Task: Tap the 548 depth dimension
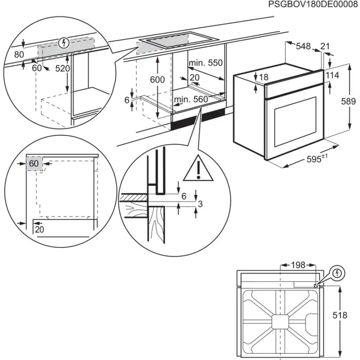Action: pyautogui.click(x=303, y=47)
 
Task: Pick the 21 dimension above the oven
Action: pyautogui.click(x=325, y=47)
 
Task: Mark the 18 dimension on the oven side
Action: pyautogui.click(x=263, y=78)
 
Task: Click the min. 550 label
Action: pyautogui.click(x=206, y=63)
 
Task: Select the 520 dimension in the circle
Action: pyautogui.click(x=62, y=69)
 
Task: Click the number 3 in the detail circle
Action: pyautogui.click(x=201, y=205)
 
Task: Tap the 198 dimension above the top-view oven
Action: pyautogui.click(x=297, y=265)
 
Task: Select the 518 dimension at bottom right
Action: pyautogui.click(x=350, y=315)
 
